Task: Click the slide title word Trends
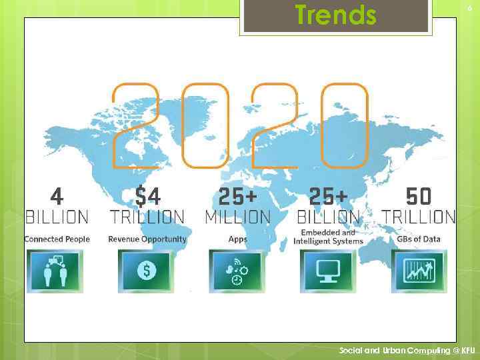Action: click(x=336, y=15)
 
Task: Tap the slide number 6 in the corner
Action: click(x=468, y=7)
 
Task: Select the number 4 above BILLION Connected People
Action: click(x=57, y=196)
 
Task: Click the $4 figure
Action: click(x=147, y=196)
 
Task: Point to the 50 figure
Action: click(x=419, y=196)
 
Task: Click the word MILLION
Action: click(x=238, y=217)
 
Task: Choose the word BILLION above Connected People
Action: click(x=57, y=217)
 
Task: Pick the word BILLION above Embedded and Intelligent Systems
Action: click(x=328, y=217)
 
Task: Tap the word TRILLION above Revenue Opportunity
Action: click(x=147, y=217)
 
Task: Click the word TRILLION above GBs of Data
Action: click(x=419, y=217)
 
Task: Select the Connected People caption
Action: click(x=57, y=239)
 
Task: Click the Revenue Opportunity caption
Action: click(x=147, y=239)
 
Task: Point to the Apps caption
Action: click(x=237, y=239)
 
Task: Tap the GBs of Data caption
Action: click(x=419, y=239)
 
